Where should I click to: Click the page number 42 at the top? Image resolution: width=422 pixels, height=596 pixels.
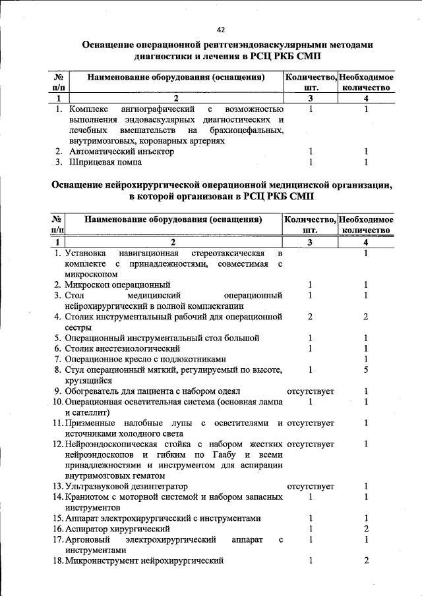point(220,30)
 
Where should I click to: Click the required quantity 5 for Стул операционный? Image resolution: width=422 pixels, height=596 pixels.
point(365,370)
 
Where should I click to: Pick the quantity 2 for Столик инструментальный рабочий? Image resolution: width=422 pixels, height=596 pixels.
point(309,317)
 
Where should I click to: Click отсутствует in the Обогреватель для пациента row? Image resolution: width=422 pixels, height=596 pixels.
point(310,391)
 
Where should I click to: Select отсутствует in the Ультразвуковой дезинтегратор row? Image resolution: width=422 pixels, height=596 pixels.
point(310,487)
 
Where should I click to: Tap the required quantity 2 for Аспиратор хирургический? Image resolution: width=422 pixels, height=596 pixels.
point(365,529)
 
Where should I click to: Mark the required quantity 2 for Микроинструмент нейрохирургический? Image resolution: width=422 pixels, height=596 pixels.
point(365,560)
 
